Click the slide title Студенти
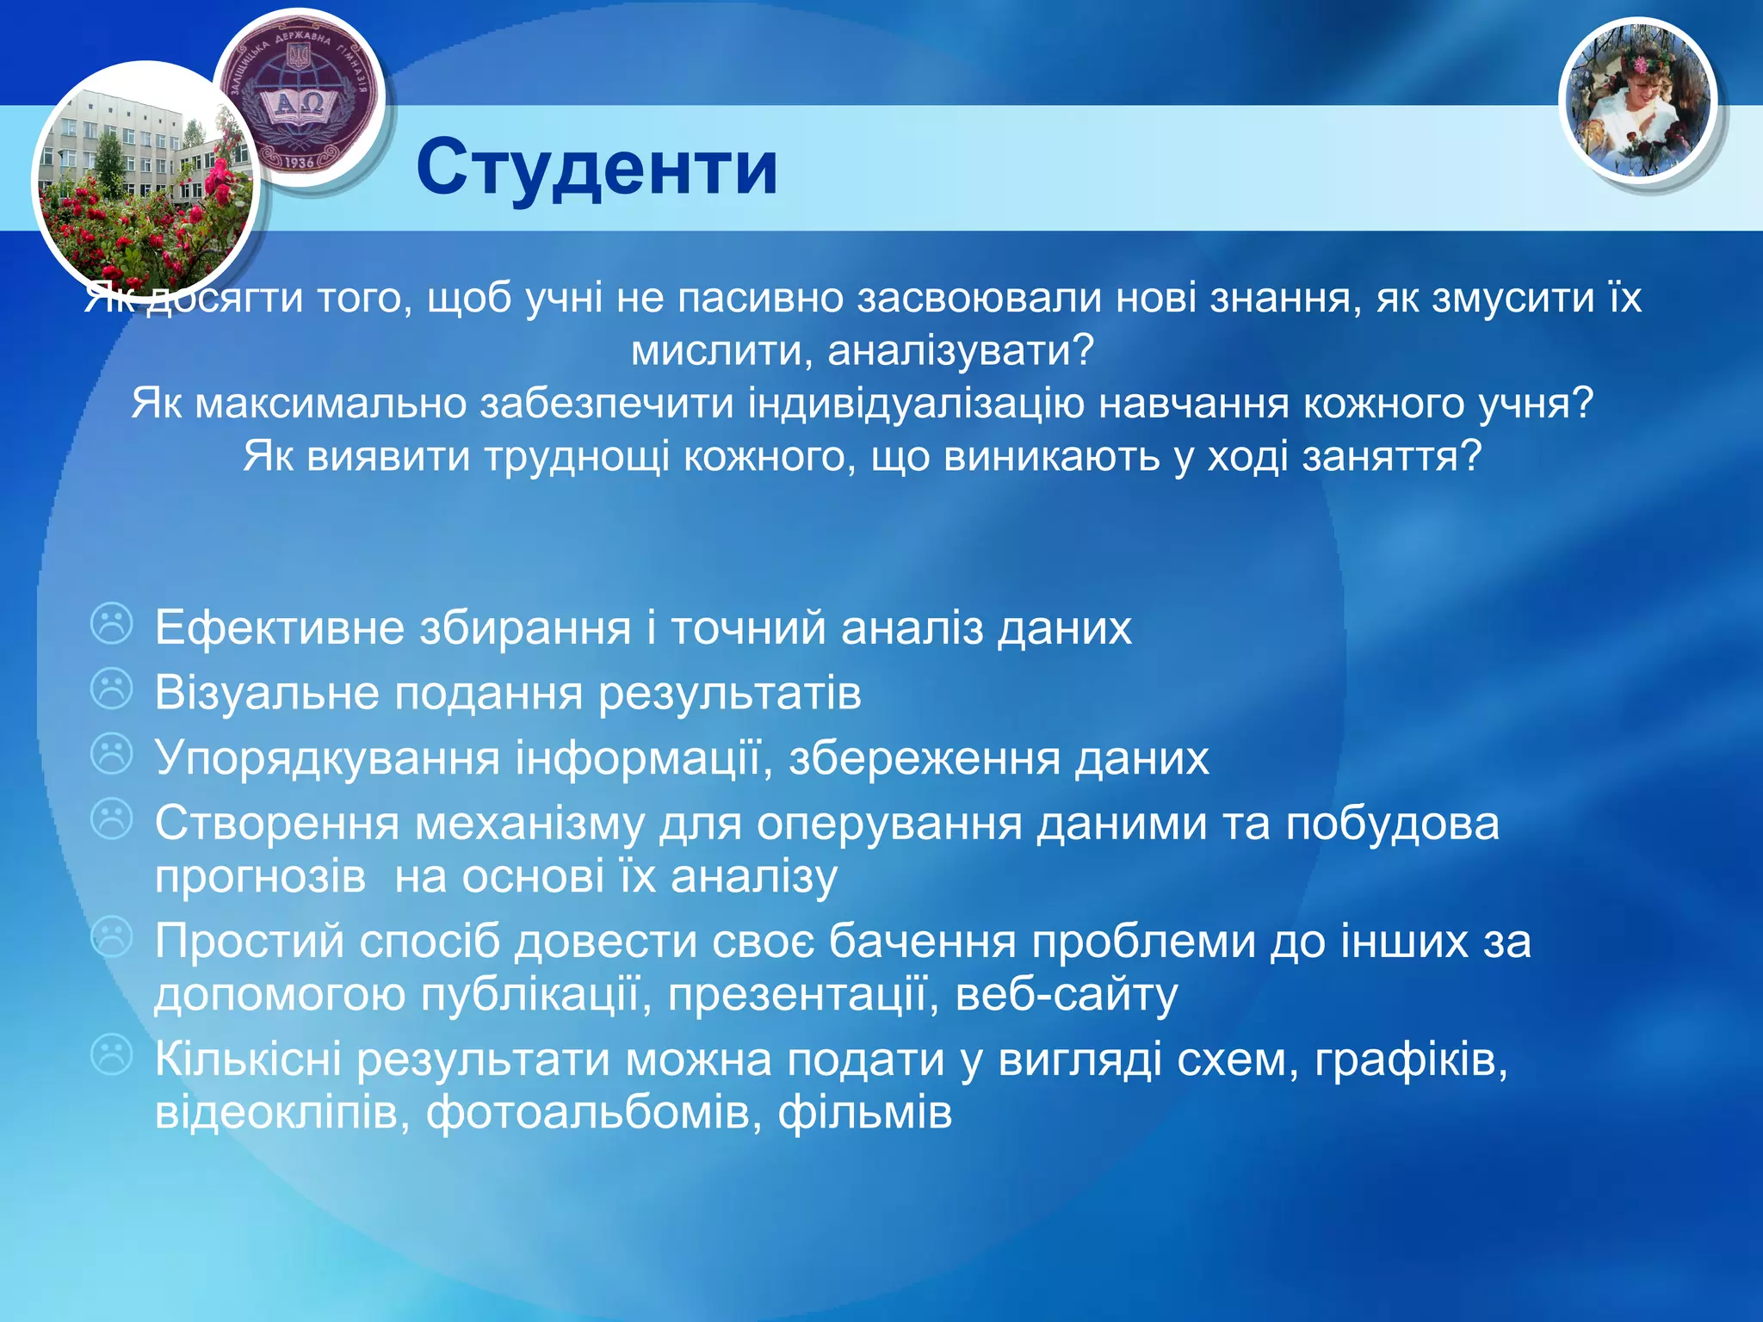[x=597, y=167]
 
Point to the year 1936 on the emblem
[x=298, y=161]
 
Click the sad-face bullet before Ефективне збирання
[x=112, y=624]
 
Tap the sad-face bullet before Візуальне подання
[x=112, y=689]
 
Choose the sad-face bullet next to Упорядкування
[x=112, y=755]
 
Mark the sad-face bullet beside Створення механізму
[x=112, y=820]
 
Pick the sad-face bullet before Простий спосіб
[x=112, y=938]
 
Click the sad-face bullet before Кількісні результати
[x=112, y=1055]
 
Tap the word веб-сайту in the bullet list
[x=1066, y=995]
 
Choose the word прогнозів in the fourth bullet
[x=260, y=878]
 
